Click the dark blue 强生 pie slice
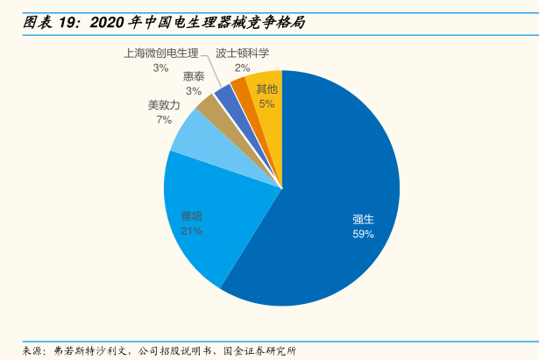point(333,193)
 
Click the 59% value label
point(363,235)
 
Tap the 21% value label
point(192,230)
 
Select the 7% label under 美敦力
point(164,119)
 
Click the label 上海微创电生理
point(161,53)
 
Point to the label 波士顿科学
point(242,53)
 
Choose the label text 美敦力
point(164,105)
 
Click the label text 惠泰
point(194,76)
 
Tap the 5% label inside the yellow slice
point(266,103)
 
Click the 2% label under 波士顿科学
point(242,67)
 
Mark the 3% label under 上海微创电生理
point(160,67)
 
